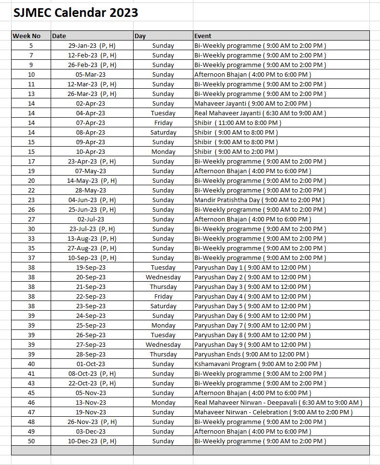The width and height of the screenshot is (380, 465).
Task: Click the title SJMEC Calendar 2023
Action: click(76, 13)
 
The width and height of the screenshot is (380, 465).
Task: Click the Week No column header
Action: click(27, 36)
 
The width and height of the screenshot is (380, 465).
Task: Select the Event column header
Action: click(203, 36)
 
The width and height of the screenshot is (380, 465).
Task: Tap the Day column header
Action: click(140, 36)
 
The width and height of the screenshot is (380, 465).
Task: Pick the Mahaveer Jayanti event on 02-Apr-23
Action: click(252, 103)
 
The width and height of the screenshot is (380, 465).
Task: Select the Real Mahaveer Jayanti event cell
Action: click(260, 113)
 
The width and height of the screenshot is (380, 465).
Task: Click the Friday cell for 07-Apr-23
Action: click(163, 123)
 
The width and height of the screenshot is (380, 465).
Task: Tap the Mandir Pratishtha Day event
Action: click(259, 200)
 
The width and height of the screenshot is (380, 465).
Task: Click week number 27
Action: click(31, 219)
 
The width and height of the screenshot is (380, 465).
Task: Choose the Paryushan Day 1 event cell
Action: click(252, 267)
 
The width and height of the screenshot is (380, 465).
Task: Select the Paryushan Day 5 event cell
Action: click(252, 306)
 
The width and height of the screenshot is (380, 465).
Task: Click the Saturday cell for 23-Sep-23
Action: click(163, 306)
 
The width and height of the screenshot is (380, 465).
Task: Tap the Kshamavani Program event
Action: click(258, 364)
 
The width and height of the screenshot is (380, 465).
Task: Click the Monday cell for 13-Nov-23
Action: click(163, 402)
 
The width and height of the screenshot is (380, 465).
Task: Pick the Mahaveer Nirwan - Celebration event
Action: click(273, 412)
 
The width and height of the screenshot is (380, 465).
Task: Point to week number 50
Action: click(31, 441)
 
